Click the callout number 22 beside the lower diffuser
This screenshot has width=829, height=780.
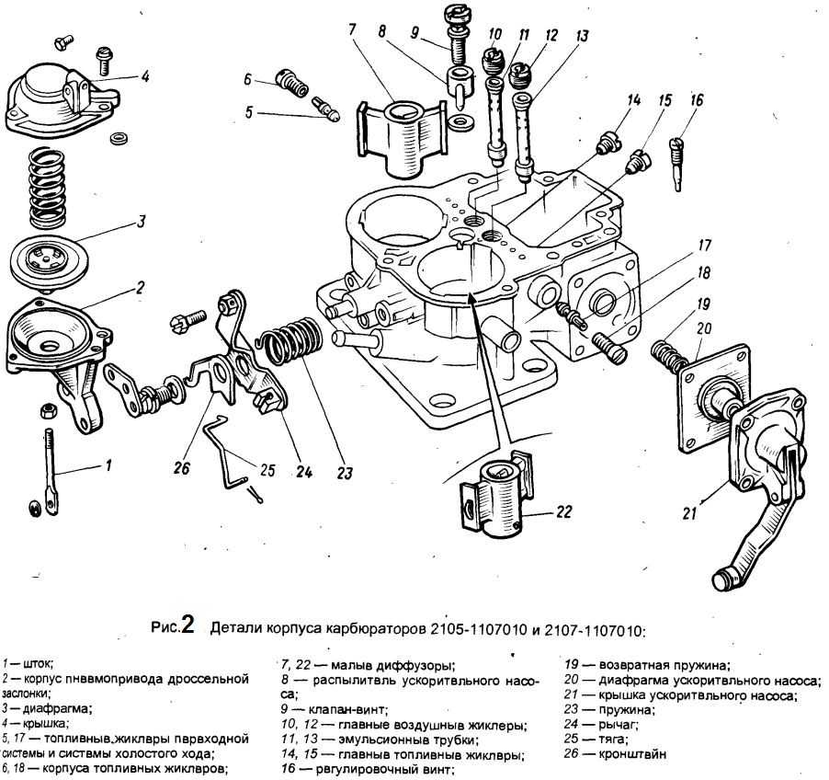[564, 511]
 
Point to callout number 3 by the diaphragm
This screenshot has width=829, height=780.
[142, 222]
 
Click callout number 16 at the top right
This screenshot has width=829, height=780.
[696, 99]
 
